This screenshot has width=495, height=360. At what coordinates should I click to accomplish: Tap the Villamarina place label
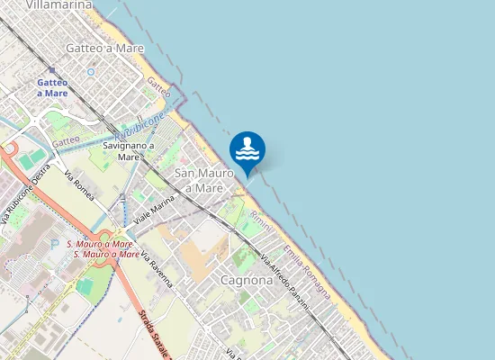59,4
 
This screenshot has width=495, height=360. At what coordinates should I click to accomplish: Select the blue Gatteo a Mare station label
52,87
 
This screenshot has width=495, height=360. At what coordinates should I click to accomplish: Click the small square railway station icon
52,69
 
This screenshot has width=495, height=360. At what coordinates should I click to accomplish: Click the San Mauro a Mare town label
198,180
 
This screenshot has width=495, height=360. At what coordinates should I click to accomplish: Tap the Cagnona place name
246,280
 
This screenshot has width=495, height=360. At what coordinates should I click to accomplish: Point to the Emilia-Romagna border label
306,261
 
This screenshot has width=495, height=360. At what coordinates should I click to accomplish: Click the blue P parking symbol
56,244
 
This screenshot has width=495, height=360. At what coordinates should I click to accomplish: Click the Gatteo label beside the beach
158,88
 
